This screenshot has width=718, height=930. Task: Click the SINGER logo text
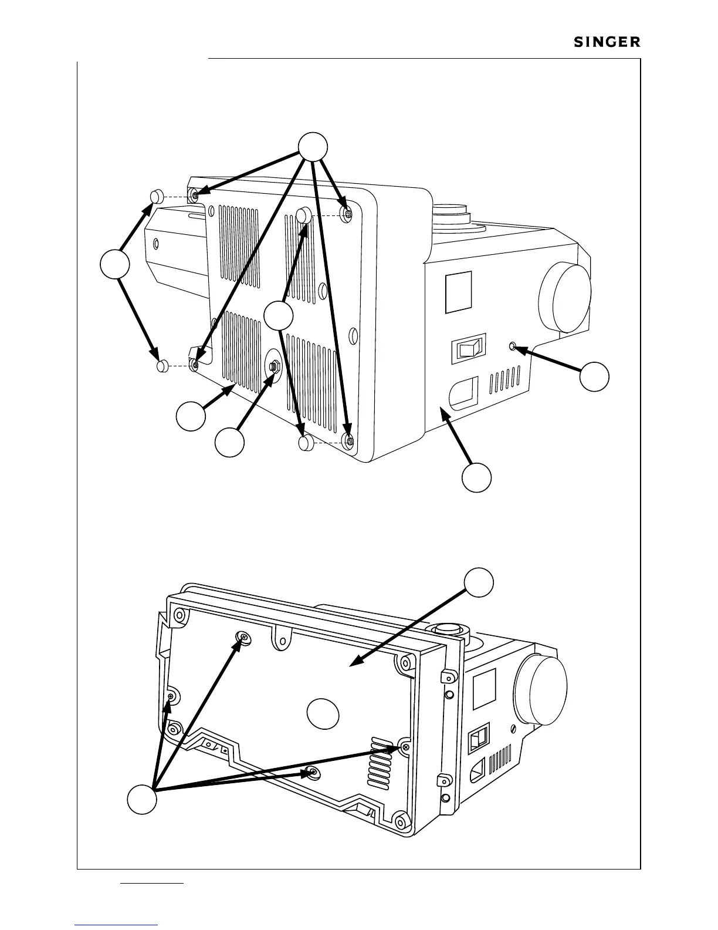click(607, 43)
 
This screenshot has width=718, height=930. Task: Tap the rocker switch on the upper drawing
click(468, 349)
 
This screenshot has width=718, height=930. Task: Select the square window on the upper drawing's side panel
click(459, 292)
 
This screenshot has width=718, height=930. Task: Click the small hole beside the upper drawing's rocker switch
click(514, 346)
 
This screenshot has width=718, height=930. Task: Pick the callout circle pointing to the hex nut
click(229, 442)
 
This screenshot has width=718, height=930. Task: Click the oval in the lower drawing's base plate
click(323, 713)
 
